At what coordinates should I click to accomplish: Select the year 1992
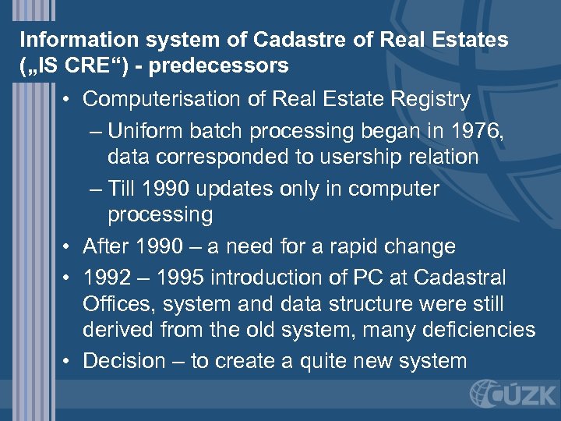[106, 278]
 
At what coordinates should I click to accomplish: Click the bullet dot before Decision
[69, 362]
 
